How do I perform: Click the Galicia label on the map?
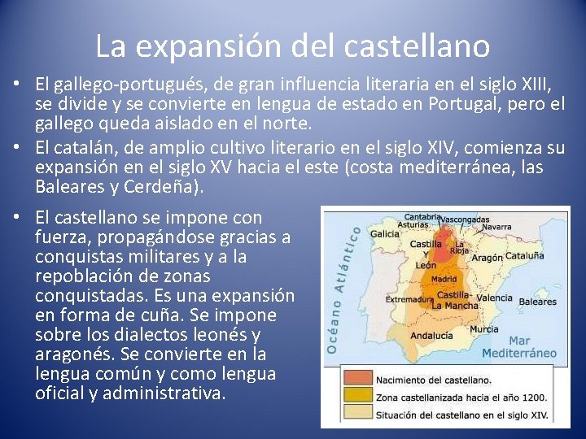click(384, 233)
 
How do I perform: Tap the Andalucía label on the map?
click(431, 335)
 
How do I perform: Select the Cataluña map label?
click(524, 254)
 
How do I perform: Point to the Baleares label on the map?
click(537, 302)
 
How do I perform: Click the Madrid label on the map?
click(443, 279)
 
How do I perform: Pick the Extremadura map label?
click(408, 299)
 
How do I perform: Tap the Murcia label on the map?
click(483, 329)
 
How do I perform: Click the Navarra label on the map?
click(496, 228)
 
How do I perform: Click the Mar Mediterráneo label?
click(519, 347)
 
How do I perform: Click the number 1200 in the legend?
click(532, 398)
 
